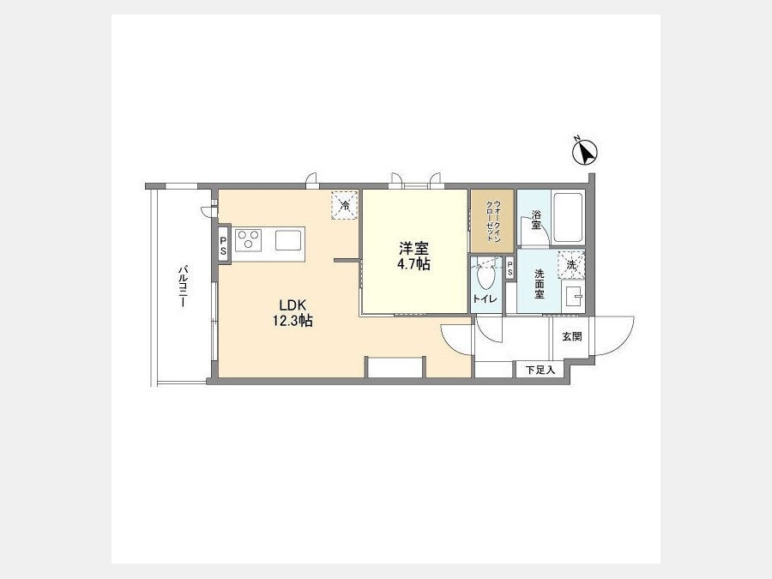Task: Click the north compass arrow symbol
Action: pyautogui.click(x=585, y=152)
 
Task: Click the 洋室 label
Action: pyautogui.click(x=413, y=248)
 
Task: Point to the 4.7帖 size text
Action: pyautogui.click(x=413, y=264)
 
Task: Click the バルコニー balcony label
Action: pyautogui.click(x=183, y=287)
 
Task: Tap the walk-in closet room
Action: pyautogui.click(x=492, y=221)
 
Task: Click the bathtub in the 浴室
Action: pyautogui.click(x=568, y=218)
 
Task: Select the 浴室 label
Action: pyautogui.click(x=535, y=220)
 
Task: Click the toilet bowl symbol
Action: pyautogui.click(x=486, y=278)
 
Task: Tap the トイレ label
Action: pyautogui.click(x=485, y=299)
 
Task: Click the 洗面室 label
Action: pyautogui.click(x=540, y=284)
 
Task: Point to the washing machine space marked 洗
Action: pyautogui.click(x=571, y=264)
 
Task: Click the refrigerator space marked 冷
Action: pyautogui.click(x=346, y=205)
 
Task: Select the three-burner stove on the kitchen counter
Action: pyautogui.click(x=248, y=240)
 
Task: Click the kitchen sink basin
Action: pyautogui.click(x=287, y=240)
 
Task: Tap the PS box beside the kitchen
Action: pyautogui.click(x=224, y=244)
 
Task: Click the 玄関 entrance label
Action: pyautogui.click(x=572, y=337)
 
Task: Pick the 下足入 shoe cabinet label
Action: pyautogui.click(x=540, y=370)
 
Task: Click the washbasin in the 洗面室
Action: pyautogui.click(x=573, y=297)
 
